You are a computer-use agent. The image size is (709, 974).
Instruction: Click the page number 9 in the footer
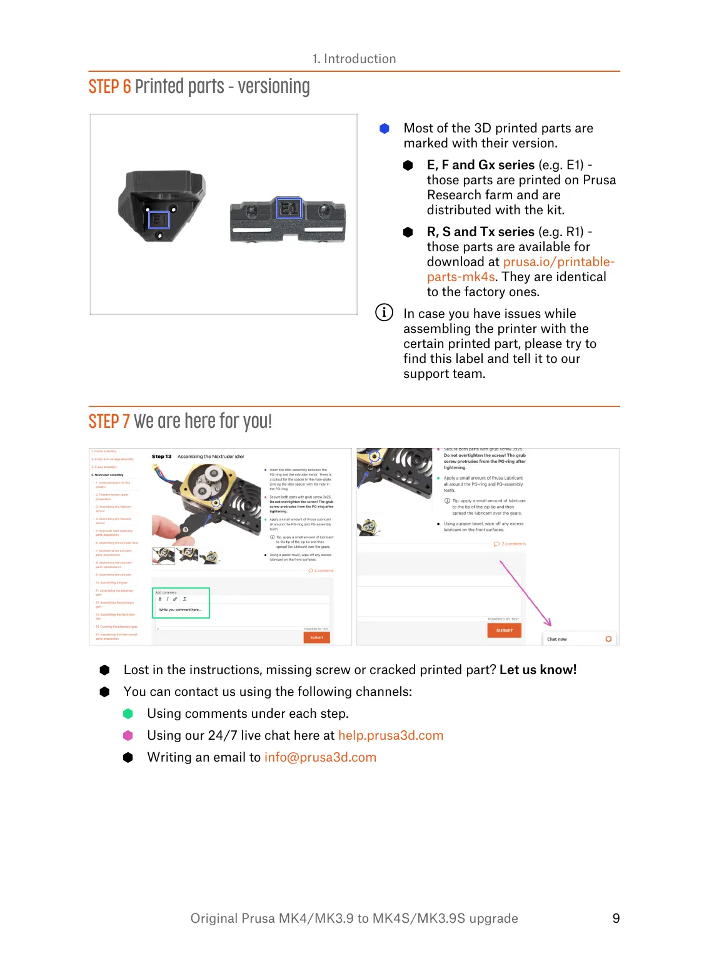point(616,918)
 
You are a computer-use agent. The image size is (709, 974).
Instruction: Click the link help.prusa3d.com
point(391,735)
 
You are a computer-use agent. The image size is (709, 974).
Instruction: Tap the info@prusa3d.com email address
point(320,757)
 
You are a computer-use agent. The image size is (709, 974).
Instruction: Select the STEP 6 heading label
point(109,87)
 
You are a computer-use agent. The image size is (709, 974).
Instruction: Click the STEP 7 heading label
point(109,422)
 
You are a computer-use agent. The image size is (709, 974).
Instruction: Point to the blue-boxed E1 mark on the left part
point(159,219)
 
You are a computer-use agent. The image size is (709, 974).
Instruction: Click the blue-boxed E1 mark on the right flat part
point(289,208)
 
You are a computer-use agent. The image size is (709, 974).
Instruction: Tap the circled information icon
point(384,312)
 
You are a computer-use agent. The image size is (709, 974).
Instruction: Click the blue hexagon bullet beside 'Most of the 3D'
point(385,128)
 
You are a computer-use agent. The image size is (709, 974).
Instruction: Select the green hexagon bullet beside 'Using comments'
point(128,713)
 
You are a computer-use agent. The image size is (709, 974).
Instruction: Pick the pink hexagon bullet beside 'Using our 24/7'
point(128,735)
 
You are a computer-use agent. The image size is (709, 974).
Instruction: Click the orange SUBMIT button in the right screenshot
point(504,630)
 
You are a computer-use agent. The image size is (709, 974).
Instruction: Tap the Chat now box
point(579,639)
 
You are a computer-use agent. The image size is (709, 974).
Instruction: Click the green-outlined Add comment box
point(181,603)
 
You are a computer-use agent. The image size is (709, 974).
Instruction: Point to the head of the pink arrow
point(550,624)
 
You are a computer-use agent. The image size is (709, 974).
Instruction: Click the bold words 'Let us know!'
point(538,670)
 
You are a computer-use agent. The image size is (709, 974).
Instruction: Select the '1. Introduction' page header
point(354,59)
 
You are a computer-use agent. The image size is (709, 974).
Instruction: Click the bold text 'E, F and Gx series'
point(480,165)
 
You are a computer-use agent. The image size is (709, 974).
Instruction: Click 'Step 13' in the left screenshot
point(161,457)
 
